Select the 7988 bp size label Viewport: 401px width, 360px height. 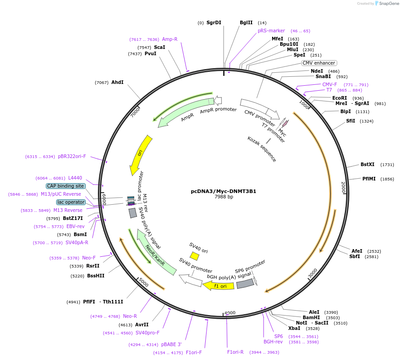(x=223, y=197)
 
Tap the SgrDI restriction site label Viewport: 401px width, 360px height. (x=214, y=22)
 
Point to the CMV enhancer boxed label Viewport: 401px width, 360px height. (x=319, y=63)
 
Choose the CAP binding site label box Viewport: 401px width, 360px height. (x=66, y=186)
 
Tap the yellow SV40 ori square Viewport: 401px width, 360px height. (x=194, y=256)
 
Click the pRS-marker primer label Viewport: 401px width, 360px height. (x=271, y=31)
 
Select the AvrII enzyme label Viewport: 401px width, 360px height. (x=141, y=325)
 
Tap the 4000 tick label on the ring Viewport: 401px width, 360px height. (x=229, y=313)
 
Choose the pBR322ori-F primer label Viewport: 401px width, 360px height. (x=72, y=157)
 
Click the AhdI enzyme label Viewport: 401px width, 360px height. (x=117, y=82)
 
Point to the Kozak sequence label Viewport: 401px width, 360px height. (x=262, y=149)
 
